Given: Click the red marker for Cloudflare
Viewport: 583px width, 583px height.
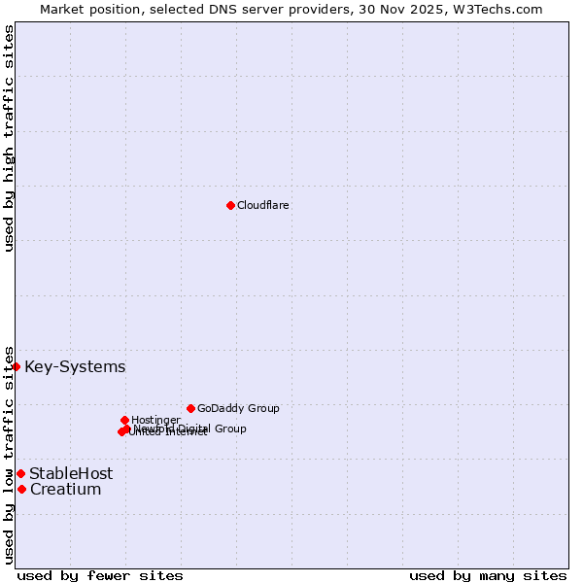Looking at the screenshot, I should point(230,205).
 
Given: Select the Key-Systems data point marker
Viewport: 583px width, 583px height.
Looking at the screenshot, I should point(17,366).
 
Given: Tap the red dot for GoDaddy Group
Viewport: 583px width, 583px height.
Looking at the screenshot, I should point(190,408).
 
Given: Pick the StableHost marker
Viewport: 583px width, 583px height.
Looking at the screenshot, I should point(20,473).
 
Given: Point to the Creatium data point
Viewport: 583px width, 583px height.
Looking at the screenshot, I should point(21,489).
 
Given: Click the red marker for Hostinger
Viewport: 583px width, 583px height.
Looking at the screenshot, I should point(124,420).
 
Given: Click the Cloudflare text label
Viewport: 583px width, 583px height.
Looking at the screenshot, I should point(263,205).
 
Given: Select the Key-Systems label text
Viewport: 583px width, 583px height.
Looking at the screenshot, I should point(75,366).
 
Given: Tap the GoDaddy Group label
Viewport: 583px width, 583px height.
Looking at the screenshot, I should point(238,408).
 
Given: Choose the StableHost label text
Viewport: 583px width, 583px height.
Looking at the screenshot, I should point(71,473).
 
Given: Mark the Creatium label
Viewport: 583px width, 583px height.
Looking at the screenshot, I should point(66,489).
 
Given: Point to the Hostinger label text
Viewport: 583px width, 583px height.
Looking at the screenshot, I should point(155,420).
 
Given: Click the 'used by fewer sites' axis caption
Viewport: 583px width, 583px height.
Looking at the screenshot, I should point(100,575).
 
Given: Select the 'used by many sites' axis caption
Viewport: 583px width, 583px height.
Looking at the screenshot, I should point(488,575).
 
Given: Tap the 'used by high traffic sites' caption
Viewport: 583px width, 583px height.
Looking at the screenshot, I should point(9,138).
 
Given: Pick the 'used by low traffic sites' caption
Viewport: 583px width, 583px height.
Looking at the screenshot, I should point(9,455).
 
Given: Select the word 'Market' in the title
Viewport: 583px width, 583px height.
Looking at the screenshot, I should point(62,9).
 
